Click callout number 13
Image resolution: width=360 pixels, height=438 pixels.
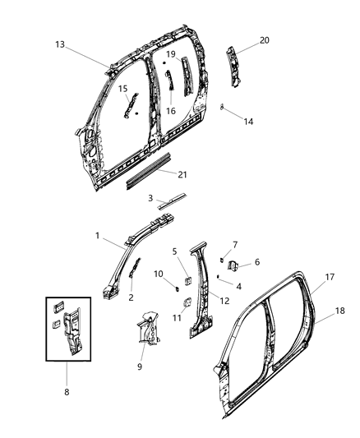(x=60, y=44)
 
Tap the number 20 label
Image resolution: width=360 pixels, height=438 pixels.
(x=264, y=39)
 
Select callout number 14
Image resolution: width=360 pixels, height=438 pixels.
(x=249, y=121)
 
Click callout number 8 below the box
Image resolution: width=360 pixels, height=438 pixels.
(x=67, y=392)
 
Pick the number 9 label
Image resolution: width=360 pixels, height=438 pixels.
(x=138, y=367)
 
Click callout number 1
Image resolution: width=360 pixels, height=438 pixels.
(x=97, y=236)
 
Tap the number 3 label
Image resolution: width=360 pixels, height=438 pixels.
(x=150, y=198)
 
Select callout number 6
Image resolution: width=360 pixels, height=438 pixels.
(x=256, y=262)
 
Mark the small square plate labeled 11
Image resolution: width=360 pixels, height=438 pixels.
(x=186, y=300)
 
